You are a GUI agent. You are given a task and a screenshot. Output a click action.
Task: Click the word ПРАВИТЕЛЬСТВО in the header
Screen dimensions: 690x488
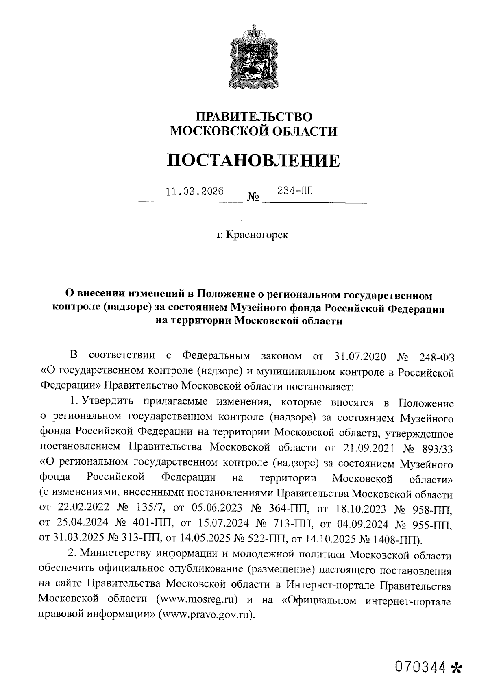(254, 117)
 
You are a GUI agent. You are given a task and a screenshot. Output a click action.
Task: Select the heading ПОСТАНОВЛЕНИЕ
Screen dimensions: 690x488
(253, 161)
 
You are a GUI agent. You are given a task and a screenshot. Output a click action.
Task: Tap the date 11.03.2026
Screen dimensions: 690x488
(195, 191)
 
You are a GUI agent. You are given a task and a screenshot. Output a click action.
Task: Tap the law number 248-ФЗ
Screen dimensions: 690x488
(436, 357)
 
